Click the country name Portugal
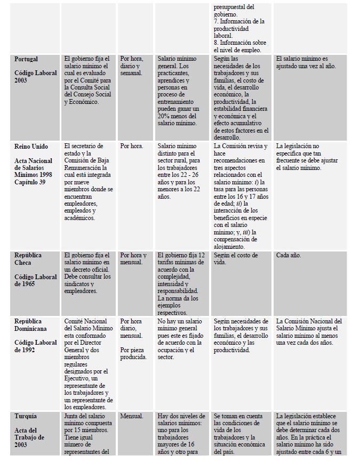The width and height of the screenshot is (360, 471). point(26,59)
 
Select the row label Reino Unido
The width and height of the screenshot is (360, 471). point(31,147)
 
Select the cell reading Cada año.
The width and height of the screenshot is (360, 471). point(289,256)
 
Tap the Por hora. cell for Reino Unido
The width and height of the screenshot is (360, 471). point(132,147)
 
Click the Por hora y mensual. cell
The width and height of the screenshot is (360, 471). point(133,259)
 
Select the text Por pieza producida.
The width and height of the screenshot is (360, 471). point(133,353)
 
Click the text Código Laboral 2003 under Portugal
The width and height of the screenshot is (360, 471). point(35,77)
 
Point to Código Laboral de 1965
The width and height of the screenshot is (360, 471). point(35,281)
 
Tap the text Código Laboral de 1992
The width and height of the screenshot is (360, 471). point(35,346)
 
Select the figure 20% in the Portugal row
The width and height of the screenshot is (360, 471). point(166,116)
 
